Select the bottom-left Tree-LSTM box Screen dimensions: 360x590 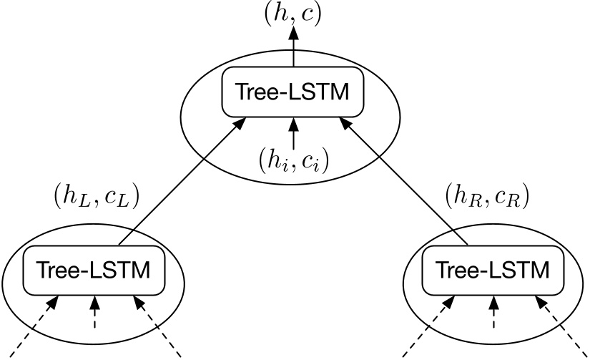[94, 271]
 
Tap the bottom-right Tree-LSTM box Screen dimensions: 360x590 [493, 271]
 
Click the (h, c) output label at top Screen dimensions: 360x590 [292, 14]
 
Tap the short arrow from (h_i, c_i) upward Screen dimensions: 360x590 [292, 132]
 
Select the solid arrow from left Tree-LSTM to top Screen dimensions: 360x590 [179, 183]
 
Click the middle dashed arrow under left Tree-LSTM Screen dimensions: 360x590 [94, 315]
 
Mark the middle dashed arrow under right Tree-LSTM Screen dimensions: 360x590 [493, 315]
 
